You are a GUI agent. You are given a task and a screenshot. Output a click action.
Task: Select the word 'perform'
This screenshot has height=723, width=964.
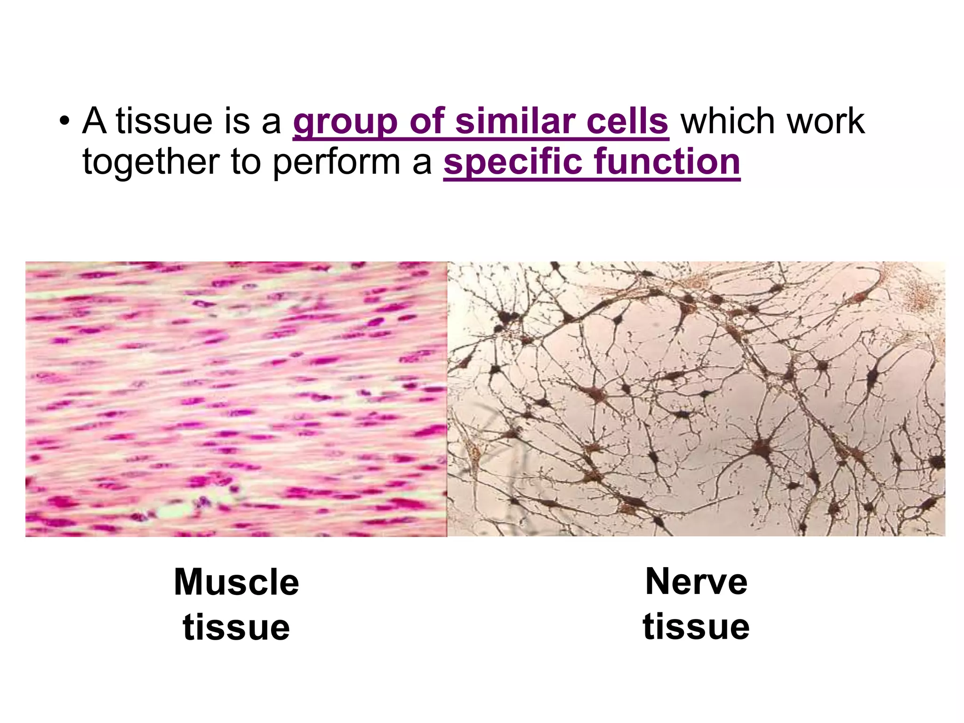(x=337, y=163)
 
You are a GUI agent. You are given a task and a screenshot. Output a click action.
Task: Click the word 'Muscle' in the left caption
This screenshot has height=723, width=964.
(x=236, y=582)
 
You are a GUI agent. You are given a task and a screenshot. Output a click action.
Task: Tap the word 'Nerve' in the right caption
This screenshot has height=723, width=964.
(x=696, y=582)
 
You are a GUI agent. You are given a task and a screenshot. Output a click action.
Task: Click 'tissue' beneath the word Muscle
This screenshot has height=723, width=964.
(x=236, y=627)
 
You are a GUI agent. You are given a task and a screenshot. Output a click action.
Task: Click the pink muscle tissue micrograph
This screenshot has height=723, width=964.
(x=236, y=399)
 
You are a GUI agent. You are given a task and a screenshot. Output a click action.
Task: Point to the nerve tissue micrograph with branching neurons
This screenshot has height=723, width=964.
(x=696, y=399)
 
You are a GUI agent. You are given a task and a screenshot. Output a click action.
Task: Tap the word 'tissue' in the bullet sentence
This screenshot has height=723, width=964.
(x=164, y=121)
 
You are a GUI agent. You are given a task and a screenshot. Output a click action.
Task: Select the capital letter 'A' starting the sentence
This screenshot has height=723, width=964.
(x=94, y=121)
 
